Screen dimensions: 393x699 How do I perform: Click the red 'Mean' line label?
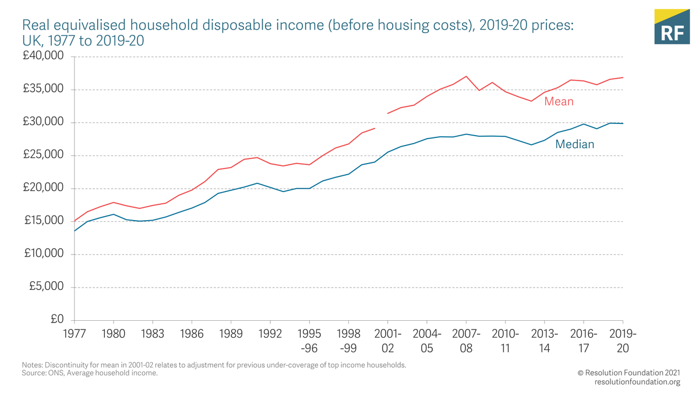click(x=559, y=102)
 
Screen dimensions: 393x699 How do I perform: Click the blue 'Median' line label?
click(x=574, y=144)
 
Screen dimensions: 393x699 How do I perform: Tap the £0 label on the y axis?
click(x=56, y=320)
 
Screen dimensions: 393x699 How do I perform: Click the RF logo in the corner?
click(x=672, y=27)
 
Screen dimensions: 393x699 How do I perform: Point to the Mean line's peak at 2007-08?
click(x=466, y=76)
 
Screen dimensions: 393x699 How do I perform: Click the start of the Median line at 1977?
click(x=75, y=231)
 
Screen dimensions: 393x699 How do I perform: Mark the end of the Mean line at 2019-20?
click(x=623, y=77)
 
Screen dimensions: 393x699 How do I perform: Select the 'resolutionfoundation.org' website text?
click(x=637, y=382)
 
